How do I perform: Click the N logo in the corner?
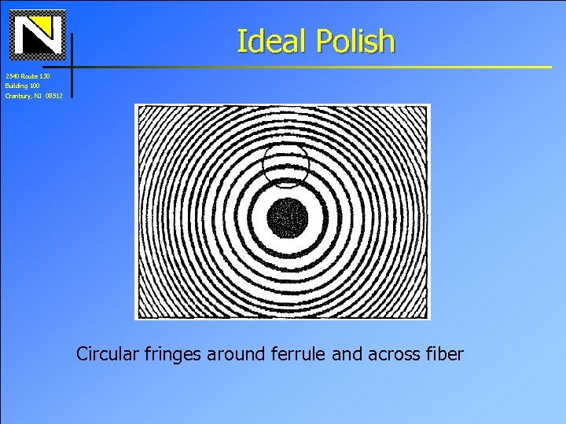click(39, 35)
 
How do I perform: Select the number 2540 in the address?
click(12, 75)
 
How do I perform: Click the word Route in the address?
click(29, 75)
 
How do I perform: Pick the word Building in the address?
click(15, 86)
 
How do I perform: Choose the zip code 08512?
click(53, 96)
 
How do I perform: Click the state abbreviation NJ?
click(38, 96)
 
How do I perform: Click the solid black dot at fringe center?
click(287, 217)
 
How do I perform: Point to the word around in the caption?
click(235, 354)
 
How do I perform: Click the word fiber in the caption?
click(443, 354)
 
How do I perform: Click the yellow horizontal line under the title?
click(314, 66)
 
